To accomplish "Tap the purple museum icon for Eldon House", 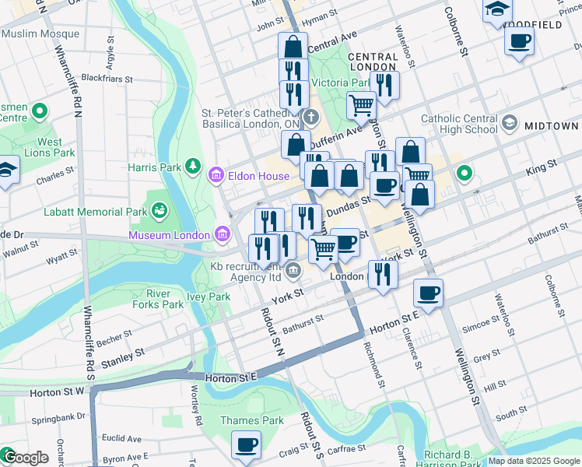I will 216,177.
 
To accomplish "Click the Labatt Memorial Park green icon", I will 160,210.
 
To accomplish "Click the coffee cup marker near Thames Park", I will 247,444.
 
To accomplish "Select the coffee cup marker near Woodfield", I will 519,40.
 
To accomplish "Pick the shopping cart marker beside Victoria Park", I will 361,104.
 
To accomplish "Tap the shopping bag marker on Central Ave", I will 293,46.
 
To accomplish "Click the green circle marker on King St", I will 465,173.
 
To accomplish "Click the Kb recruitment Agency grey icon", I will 293,271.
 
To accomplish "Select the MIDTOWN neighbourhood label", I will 551,125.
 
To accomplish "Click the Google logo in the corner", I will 26,458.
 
